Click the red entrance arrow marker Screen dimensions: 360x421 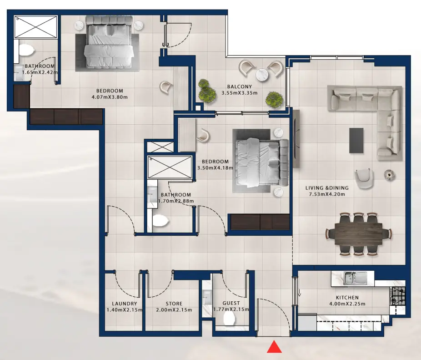[x=274, y=347]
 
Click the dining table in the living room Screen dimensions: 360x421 [x=358, y=233]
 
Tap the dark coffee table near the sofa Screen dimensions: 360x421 [x=356, y=140]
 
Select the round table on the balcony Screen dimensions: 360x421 [x=262, y=74]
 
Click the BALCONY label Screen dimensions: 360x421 [x=239, y=86]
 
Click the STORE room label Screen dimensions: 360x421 [x=174, y=304]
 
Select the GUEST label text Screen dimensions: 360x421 [x=231, y=304]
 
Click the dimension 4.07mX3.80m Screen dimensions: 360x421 [x=110, y=97]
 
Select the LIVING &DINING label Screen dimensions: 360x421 [x=327, y=188]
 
